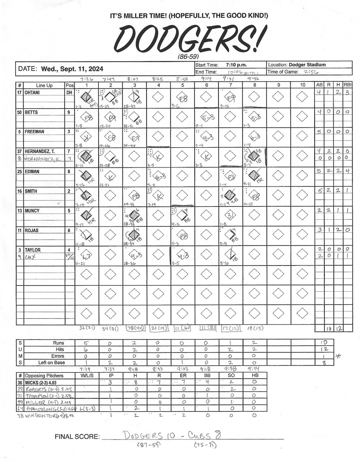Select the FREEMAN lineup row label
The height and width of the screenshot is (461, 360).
click(35, 132)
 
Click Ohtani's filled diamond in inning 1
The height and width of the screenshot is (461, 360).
click(86, 97)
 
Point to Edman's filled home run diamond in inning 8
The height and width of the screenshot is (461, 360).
click(255, 175)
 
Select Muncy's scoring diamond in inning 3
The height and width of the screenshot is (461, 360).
click(134, 215)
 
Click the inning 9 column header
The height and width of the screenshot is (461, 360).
click(279, 85)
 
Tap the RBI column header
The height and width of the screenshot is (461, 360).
click(347, 85)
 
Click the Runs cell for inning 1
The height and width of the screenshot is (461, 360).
click(86, 343)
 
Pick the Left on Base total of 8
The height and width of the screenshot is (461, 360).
click(324, 363)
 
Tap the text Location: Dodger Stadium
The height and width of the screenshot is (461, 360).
click(297, 65)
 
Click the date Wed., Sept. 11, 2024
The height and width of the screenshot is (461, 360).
click(72, 69)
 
